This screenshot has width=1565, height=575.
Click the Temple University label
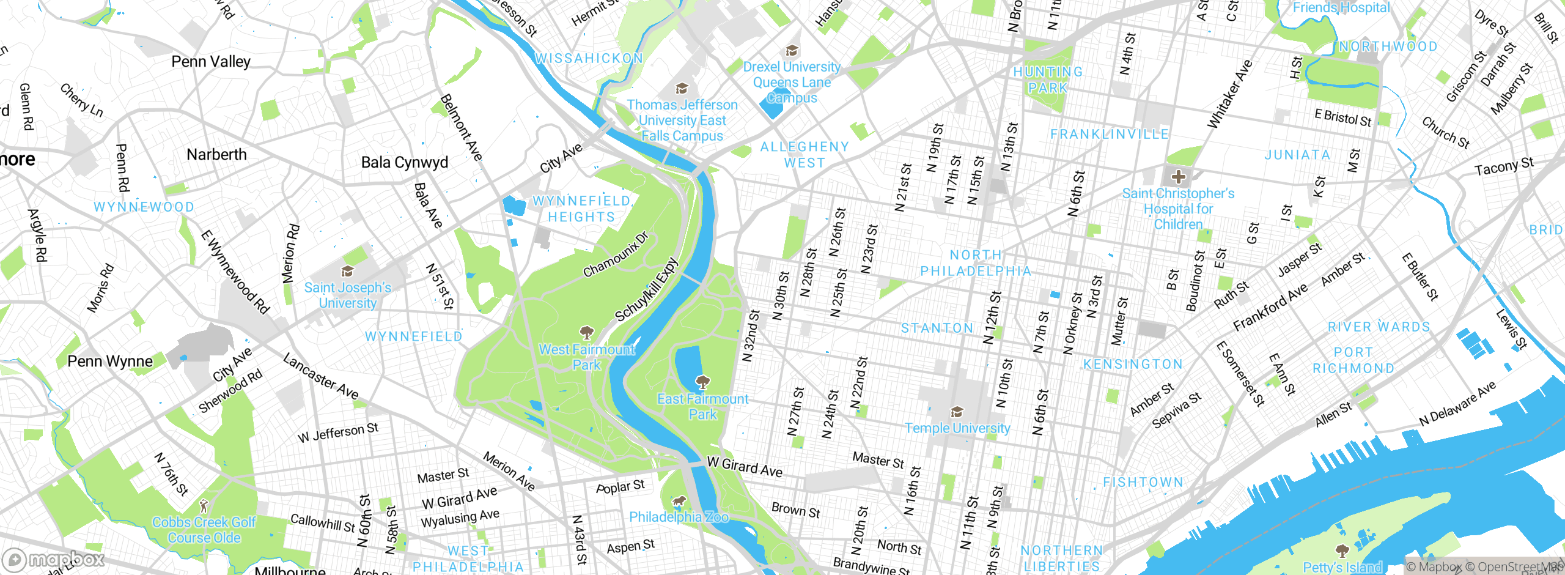pos(957,428)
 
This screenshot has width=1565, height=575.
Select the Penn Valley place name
pos(211,62)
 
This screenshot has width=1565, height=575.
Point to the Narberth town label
pos(216,155)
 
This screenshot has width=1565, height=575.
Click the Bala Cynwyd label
pos(404,163)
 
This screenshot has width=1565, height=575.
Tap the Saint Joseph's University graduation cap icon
pos(347,271)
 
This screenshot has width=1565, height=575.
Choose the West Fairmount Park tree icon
pos(587,333)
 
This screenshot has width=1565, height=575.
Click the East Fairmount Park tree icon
pos(702,383)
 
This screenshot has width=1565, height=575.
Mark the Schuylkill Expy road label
pos(646,290)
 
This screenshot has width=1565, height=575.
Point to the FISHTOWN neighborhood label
pos(1143,483)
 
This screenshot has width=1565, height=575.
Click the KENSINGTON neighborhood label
pos(1133,365)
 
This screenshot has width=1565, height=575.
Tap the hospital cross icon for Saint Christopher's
pos(1178,177)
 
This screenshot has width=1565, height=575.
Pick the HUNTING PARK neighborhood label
pos(1048,80)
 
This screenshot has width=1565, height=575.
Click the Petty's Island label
pos(1342,567)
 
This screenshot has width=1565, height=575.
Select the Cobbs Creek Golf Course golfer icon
pos(204,506)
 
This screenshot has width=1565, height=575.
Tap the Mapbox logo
pos(54,559)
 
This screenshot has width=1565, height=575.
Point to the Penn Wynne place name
pos(110,362)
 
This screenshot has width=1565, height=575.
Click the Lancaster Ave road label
pos(320,376)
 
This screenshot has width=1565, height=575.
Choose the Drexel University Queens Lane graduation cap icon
pos(792,50)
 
